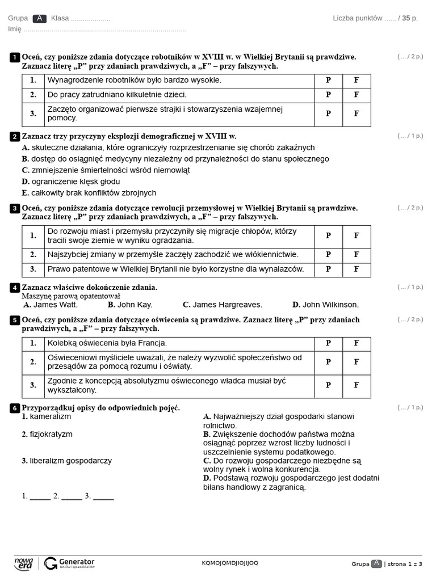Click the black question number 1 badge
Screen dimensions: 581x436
point(15,57)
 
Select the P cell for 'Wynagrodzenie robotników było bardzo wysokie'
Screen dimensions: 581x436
point(328,81)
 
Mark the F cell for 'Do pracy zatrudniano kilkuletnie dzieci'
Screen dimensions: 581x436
point(357,95)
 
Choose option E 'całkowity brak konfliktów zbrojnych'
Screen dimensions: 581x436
point(89,193)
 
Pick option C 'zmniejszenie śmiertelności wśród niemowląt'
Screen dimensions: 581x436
point(106,170)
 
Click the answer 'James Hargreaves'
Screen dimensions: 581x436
point(222,305)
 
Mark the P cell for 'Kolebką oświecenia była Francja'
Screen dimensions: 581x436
point(328,343)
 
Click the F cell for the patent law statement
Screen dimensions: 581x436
point(357,270)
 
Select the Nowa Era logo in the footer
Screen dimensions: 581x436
point(24,563)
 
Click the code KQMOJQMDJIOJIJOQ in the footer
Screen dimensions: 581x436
point(230,563)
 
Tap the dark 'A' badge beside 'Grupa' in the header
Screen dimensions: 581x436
point(39,18)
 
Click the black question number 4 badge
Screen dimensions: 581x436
point(15,288)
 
